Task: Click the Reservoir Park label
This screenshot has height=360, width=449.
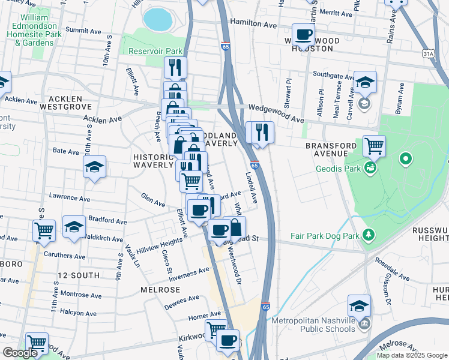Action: tap(155, 52)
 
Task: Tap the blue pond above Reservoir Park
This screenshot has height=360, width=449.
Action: tap(157, 19)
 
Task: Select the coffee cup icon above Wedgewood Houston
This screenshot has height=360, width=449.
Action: tap(303, 34)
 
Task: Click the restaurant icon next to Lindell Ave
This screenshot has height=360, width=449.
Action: tap(260, 132)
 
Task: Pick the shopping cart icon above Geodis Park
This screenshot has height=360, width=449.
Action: tap(374, 146)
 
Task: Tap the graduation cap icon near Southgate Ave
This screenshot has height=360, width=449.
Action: tap(364, 82)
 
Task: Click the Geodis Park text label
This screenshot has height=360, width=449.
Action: tap(340, 169)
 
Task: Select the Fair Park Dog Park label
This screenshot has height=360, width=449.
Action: tap(324, 236)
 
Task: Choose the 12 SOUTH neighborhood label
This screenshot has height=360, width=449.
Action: tap(78, 275)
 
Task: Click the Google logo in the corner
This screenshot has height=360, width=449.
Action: tap(20, 353)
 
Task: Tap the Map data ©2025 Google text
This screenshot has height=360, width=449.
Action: tap(411, 355)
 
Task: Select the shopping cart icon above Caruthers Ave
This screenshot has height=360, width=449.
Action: tap(44, 230)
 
